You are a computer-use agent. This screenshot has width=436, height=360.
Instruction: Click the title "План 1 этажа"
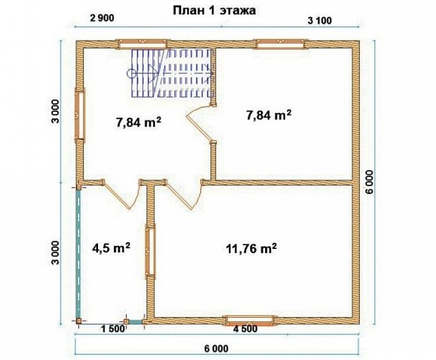pyautogui.click(x=214, y=11)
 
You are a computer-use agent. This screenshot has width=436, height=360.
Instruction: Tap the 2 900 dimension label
pyautogui.click(x=102, y=18)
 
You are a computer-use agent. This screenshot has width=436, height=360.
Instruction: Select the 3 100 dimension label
pyautogui.click(x=320, y=20)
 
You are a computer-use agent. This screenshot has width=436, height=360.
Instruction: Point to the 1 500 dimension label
pyautogui.click(x=113, y=329)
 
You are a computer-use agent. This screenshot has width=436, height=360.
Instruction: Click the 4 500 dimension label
pyautogui.click(x=245, y=328)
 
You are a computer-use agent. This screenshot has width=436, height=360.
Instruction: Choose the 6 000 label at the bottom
pyautogui.click(x=216, y=349)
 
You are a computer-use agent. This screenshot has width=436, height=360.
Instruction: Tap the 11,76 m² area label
pyautogui.click(x=252, y=249)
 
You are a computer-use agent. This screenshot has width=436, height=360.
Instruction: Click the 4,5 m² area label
pyautogui.click(x=111, y=248)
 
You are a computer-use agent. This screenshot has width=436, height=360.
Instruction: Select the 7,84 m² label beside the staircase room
pyautogui.click(x=139, y=122)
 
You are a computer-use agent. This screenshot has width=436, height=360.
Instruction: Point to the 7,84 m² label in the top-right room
pyautogui.click(x=269, y=115)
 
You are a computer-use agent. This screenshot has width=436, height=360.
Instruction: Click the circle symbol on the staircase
pyautogui.click(x=132, y=74)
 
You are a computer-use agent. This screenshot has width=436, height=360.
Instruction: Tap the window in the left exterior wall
pyautogui.click(x=80, y=115)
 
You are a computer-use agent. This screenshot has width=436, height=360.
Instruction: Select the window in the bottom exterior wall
pyautogui.click(x=251, y=321)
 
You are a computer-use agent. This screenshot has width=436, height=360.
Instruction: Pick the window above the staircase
pyautogui.click(x=143, y=44)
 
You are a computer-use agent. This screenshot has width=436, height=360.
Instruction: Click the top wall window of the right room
pyautogui.click(x=281, y=44)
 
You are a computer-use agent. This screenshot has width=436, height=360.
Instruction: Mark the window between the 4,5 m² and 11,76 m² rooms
pyautogui.click(x=151, y=252)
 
